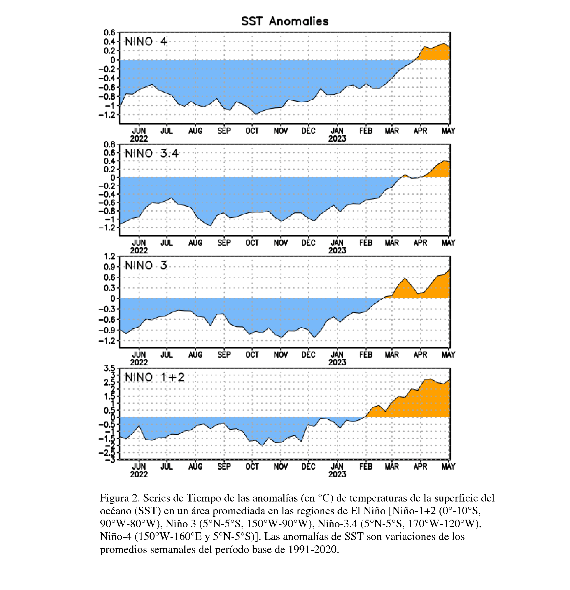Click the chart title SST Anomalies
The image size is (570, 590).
click(x=285, y=21)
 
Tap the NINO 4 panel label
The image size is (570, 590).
click(x=146, y=42)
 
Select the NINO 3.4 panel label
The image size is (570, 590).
click(x=152, y=154)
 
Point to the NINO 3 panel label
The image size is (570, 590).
click(x=146, y=265)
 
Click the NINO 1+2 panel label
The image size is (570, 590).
click(x=154, y=377)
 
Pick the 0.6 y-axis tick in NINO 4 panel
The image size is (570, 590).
click(x=110, y=32)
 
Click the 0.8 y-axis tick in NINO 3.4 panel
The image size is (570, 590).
click(x=110, y=144)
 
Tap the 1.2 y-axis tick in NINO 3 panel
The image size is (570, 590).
click(x=110, y=256)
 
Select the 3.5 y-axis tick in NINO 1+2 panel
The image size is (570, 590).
click(x=110, y=368)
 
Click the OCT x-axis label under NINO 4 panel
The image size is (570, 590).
click(x=252, y=131)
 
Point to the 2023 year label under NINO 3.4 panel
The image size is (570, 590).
click(x=337, y=251)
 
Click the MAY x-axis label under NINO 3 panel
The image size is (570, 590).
click(x=448, y=355)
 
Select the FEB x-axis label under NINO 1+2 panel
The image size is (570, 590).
click(x=366, y=467)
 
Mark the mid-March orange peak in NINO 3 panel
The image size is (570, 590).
click(x=404, y=278)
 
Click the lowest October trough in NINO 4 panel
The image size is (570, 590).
click(x=256, y=114)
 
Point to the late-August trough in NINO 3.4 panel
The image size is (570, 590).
click(x=211, y=225)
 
